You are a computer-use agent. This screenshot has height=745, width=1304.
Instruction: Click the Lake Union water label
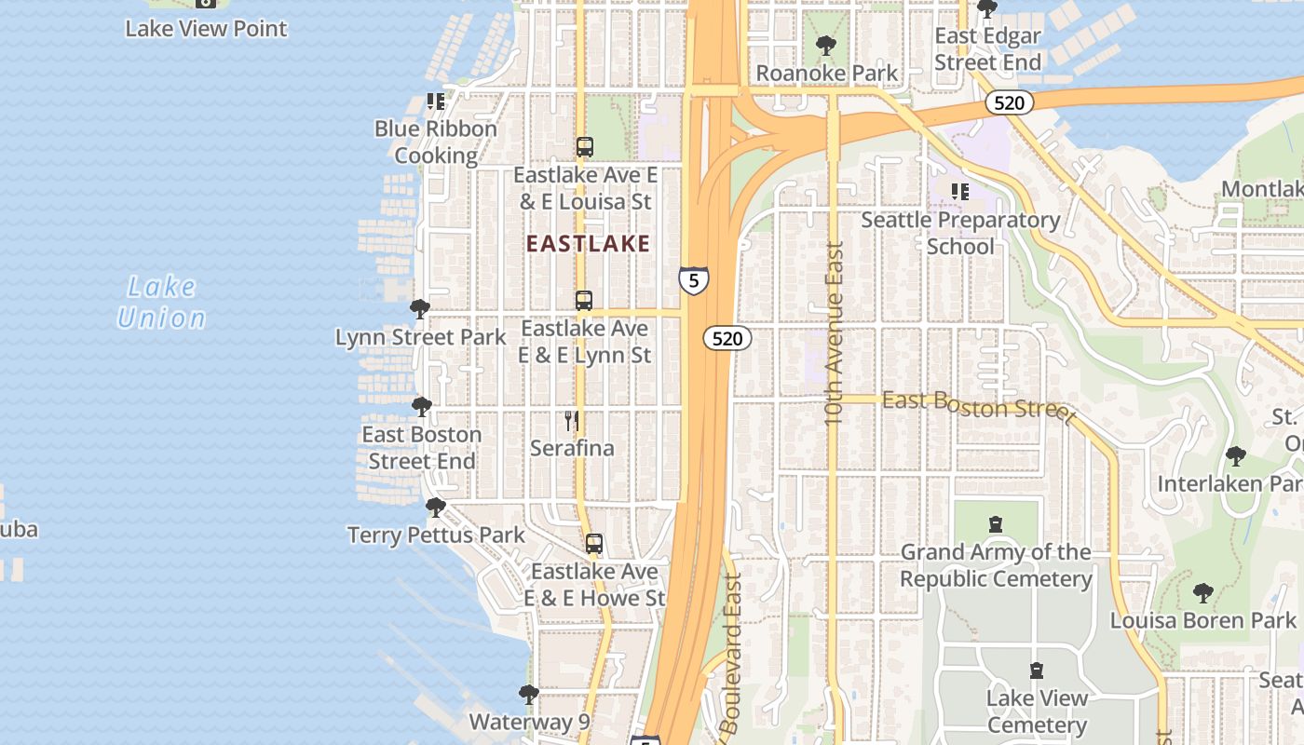point(162,303)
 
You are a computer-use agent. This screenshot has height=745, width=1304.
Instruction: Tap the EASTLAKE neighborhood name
point(588,244)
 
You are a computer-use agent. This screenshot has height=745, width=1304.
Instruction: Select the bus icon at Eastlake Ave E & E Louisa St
point(584,147)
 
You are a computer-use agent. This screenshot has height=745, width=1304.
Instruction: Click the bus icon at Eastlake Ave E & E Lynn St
point(584,301)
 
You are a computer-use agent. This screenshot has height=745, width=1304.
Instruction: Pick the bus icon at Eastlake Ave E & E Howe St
point(594,544)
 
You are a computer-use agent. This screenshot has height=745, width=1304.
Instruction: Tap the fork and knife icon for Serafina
point(572,421)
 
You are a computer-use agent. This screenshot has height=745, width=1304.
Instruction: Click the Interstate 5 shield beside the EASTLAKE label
point(693,280)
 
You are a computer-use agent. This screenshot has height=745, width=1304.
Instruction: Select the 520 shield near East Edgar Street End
point(1009,102)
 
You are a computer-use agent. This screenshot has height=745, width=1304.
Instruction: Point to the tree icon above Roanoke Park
point(825,46)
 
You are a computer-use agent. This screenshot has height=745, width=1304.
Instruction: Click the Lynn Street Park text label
point(421,337)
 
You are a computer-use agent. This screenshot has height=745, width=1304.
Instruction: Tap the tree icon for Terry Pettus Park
point(435,508)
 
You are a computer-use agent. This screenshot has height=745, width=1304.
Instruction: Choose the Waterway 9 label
point(529,722)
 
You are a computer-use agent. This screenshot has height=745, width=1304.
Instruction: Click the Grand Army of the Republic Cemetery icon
point(996,524)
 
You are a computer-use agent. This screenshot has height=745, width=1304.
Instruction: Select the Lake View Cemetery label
point(1037,711)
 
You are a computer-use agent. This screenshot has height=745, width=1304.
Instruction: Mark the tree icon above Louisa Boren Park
point(1202,593)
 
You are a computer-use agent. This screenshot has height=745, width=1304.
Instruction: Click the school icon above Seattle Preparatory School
point(960,193)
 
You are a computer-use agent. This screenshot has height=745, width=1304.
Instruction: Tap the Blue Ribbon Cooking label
point(436,142)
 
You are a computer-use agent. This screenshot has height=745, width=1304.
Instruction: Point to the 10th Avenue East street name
point(834,333)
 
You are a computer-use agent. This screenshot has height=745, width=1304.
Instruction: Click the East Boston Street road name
point(978,405)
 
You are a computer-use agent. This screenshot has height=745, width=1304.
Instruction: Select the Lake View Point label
point(206,29)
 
